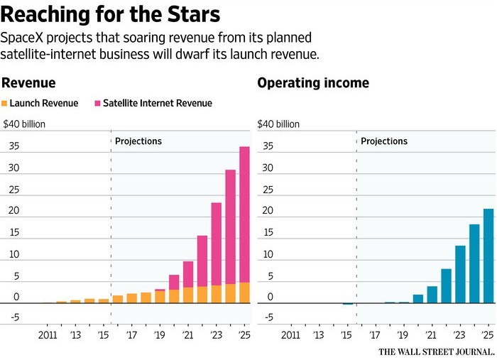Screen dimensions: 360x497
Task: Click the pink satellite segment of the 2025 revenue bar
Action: click(x=244, y=213)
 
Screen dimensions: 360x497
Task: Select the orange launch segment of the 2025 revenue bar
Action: click(x=244, y=293)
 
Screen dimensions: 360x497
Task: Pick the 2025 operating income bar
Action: click(x=488, y=256)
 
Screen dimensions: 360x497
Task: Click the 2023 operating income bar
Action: click(x=460, y=274)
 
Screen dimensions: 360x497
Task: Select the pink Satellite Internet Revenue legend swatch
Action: click(x=97, y=104)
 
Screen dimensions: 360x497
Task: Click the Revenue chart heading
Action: click(x=28, y=83)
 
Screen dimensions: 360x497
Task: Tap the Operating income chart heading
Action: click(x=313, y=83)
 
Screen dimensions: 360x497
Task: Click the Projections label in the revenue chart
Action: click(x=138, y=141)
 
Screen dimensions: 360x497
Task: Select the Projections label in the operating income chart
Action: click(x=384, y=141)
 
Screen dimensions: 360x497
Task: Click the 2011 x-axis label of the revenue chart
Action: click(x=48, y=335)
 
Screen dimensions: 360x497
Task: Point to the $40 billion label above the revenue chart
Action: click(x=24, y=124)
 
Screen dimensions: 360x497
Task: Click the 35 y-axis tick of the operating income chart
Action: click(x=268, y=146)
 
